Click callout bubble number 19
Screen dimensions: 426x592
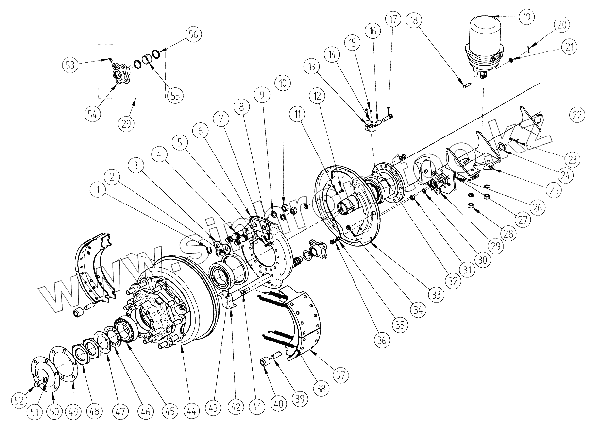[x=525, y=16]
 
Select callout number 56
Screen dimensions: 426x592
[x=192, y=34]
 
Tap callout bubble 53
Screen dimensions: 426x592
[x=71, y=65]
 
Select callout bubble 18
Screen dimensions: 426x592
[x=415, y=21]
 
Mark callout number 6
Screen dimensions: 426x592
[x=200, y=130]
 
